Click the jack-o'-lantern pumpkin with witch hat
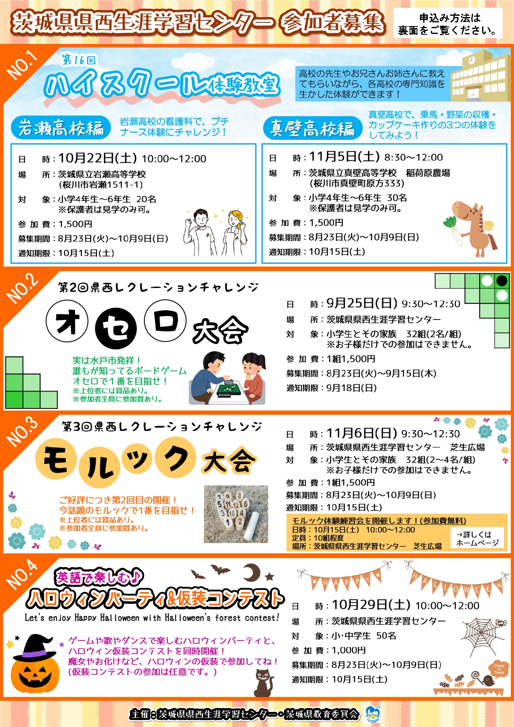35,665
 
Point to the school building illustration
481,76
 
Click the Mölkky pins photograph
235,514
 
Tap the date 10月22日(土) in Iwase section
97,158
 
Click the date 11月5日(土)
344,157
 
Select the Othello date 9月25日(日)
362,303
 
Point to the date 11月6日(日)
362,433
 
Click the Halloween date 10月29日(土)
371,605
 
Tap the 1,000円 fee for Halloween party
349,650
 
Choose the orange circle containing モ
56,459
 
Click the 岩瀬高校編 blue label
61,128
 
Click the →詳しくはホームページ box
478,539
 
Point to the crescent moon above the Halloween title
251,573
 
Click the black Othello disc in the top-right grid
502,281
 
